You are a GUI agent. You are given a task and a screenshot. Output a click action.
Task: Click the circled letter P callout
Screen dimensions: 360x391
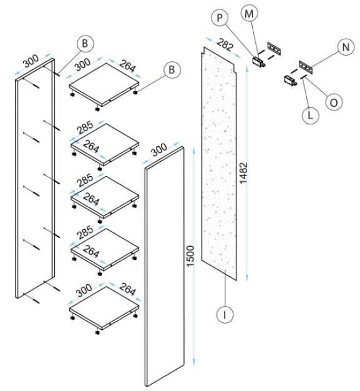220,17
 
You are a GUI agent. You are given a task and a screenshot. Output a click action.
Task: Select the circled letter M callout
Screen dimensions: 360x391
249,14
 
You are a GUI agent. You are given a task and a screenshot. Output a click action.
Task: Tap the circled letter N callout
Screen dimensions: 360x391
346,47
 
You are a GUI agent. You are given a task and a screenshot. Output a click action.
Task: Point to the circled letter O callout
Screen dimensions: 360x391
334,102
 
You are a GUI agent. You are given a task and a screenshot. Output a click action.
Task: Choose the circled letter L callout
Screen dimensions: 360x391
310,115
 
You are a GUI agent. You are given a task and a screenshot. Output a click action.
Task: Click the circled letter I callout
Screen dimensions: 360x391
225,315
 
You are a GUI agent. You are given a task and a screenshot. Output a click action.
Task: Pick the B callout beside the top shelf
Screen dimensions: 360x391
172,69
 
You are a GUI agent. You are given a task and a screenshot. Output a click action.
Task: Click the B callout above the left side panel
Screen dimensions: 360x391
85,43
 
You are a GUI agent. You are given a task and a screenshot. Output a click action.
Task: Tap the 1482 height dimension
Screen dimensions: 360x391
243,173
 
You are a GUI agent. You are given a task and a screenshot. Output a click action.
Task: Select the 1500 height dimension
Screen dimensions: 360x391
190,256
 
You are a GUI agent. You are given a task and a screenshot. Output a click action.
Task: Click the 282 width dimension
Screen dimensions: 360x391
225,44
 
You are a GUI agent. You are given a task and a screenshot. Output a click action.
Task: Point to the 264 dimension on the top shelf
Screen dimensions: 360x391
127,66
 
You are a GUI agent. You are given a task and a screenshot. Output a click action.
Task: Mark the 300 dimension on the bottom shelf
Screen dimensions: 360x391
84,291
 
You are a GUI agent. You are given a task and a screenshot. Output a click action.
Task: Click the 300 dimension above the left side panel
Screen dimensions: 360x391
31,61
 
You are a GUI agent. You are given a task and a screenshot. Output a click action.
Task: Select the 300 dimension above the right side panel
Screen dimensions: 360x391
158,150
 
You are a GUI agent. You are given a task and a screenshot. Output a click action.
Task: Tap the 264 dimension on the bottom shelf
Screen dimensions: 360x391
127,289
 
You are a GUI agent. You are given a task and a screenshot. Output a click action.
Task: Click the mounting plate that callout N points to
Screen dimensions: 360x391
306,67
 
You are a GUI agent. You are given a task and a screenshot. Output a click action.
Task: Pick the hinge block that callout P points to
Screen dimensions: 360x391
259,61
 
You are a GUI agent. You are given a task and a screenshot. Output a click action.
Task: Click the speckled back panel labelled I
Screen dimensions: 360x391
219,163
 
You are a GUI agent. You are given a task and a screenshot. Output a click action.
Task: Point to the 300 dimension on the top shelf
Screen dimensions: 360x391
83,64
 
